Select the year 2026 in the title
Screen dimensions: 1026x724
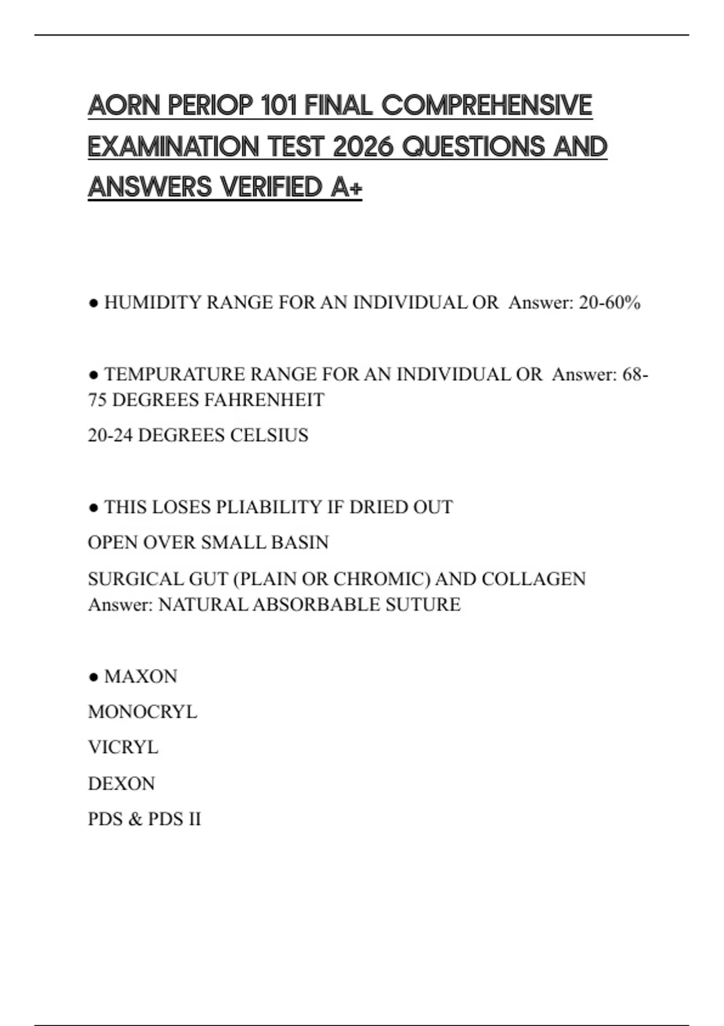pyautogui.click(x=363, y=146)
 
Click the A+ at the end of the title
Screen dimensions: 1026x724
pyautogui.click(x=346, y=187)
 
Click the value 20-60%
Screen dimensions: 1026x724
pyautogui.click(x=609, y=302)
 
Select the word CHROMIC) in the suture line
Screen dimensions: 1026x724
pyautogui.click(x=382, y=579)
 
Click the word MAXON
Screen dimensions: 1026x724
pyautogui.click(x=141, y=676)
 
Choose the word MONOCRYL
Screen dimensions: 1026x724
pyautogui.click(x=142, y=712)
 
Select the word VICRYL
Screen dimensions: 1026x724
pyautogui.click(x=123, y=747)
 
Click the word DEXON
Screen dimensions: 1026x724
pyautogui.click(x=121, y=783)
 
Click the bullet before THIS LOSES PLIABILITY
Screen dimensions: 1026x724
pyautogui.click(x=93, y=508)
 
